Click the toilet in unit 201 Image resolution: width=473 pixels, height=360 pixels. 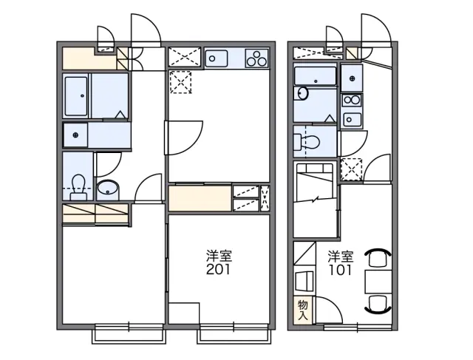[x=78, y=187]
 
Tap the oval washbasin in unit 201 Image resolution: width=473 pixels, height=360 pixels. [x=108, y=189]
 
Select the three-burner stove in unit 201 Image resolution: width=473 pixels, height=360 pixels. [x=256, y=58]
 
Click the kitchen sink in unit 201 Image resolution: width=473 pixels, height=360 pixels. [x=217, y=58]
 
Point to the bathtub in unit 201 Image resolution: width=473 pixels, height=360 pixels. [x=76, y=96]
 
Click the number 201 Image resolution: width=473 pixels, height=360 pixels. [x=219, y=269]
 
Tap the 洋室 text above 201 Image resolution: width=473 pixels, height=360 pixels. [x=219, y=256]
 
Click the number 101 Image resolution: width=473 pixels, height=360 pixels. [x=340, y=270]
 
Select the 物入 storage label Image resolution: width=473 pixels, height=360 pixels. [x=303, y=310]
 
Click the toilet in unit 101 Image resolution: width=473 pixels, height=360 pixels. [x=307, y=141]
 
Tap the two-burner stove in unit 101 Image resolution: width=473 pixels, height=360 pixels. [x=352, y=100]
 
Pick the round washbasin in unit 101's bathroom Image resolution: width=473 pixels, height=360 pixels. [x=302, y=93]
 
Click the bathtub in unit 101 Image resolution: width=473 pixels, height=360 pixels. [x=315, y=76]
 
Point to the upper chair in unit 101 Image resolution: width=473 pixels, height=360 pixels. [x=378, y=257]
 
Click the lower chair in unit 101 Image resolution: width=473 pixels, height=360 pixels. [x=378, y=304]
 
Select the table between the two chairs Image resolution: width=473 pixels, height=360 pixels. [x=378, y=282]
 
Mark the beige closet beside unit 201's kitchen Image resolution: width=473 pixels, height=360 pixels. [x=200, y=198]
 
